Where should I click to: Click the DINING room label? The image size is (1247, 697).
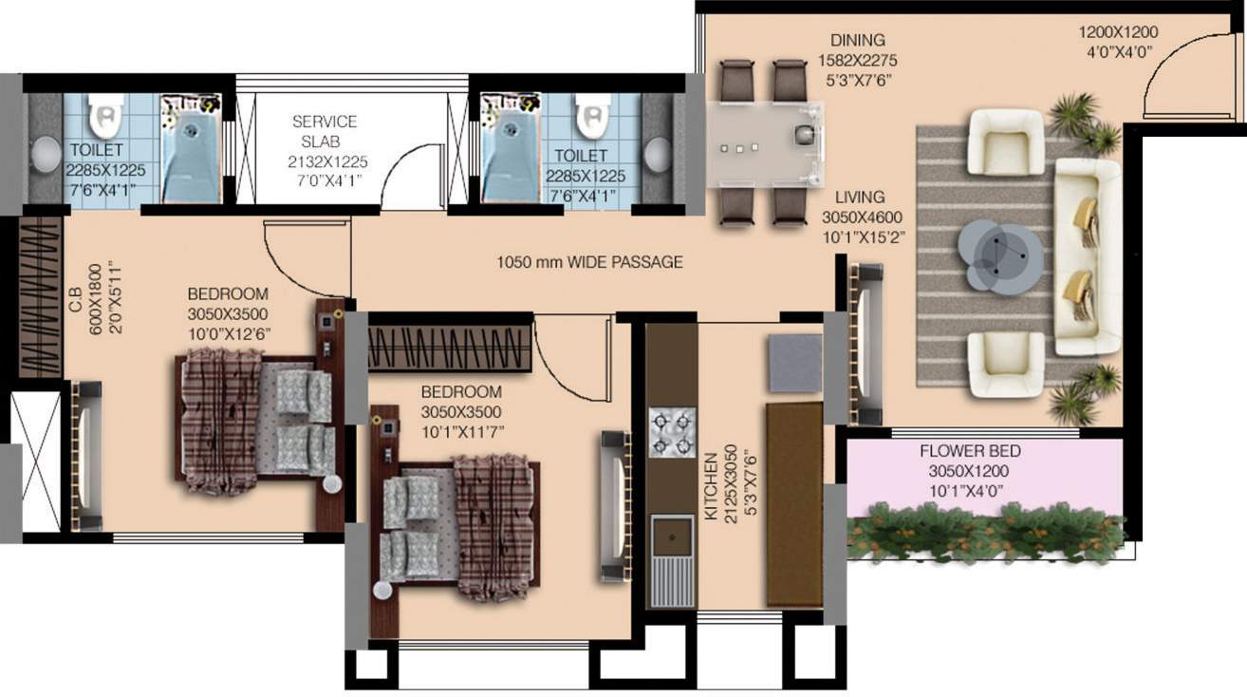pyautogui.click(x=857, y=41)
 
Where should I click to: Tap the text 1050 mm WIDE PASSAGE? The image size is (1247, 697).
pyautogui.click(x=589, y=262)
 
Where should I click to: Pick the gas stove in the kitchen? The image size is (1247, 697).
pyautogui.click(x=672, y=432)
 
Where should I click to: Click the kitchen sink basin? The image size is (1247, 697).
pyautogui.click(x=672, y=537)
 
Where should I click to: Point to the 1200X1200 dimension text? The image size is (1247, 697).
pyautogui.click(x=1118, y=32)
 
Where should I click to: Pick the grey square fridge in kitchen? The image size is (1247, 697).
pyautogui.click(x=794, y=363)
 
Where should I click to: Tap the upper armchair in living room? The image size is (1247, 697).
pyautogui.click(x=1006, y=142)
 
